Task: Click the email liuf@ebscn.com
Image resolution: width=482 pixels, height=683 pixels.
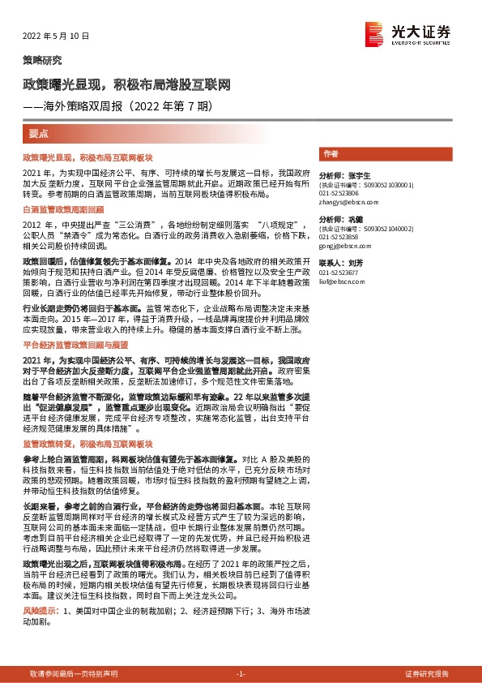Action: (339, 282)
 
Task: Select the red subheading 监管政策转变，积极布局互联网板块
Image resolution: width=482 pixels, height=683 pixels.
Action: (87, 445)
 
